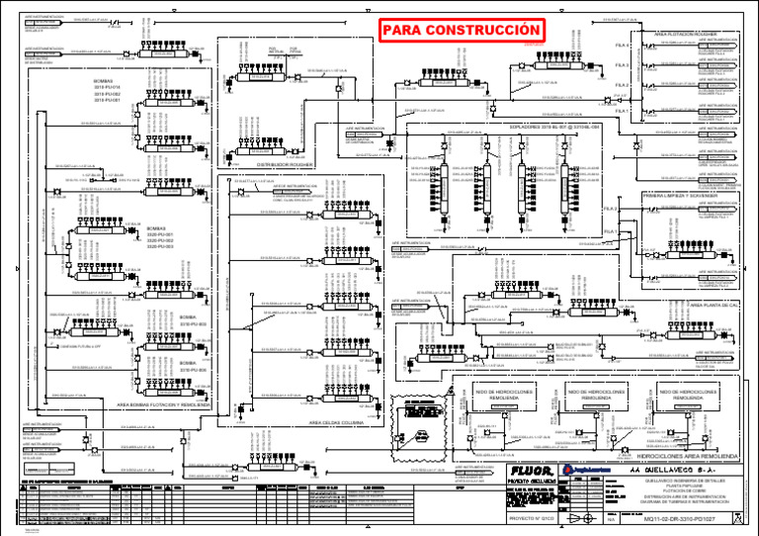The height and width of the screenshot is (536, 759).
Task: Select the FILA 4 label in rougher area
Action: [622, 45]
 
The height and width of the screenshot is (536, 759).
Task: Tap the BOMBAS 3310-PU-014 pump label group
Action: [106, 90]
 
